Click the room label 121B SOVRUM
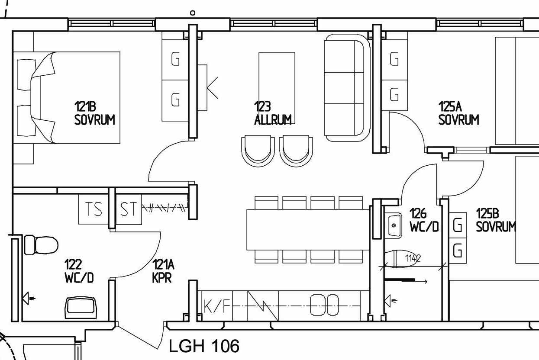tap(94, 113)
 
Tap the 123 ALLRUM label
tap(273, 113)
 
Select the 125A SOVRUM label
tap(458, 113)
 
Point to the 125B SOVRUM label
tap(496, 220)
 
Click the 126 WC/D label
tap(424, 220)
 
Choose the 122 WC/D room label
tap(79, 271)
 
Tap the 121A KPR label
tap(163, 271)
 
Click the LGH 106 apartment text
tap(204, 346)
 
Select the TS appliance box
tap(94, 209)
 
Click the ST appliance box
tap(129, 209)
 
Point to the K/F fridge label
tap(217, 306)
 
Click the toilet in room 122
tap(42, 245)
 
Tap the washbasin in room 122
tap(81, 308)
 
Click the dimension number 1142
tap(413, 258)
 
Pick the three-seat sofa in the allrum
tap(347, 88)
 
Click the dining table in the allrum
tap(308, 230)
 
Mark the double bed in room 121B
tap(67, 98)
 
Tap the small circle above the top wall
tap(193, 13)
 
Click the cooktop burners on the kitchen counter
tap(325, 305)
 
